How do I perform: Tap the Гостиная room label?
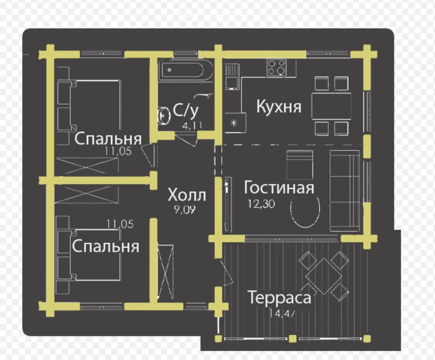point(279,187)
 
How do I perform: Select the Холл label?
point(187,195)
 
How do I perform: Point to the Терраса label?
point(280,298)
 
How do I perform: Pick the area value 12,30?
point(258,205)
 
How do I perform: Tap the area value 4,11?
point(192,125)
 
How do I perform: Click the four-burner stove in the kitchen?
point(277,67)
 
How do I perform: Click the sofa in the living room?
point(345,190)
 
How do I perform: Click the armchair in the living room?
point(300,163)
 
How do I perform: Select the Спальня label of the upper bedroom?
point(108,139)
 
